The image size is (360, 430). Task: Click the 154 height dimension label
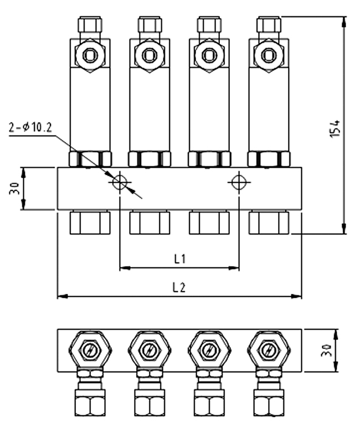pyautogui.click(x=335, y=128)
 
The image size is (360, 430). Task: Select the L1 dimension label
pyautogui.click(x=180, y=258)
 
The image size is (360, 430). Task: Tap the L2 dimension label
pyautogui.click(x=179, y=287)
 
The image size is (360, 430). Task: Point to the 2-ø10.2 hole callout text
pyautogui.click(x=30, y=127)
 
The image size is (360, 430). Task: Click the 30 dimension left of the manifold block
pyautogui.click(x=14, y=188)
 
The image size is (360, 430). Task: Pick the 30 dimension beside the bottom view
pyautogui.click(x=326, y=350)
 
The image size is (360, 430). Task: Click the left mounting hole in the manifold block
pyautogui.click(x=120, y=182)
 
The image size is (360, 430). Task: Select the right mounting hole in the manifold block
pyautogui.click(x=239, y=182)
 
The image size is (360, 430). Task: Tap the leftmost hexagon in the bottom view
pyautogui.click(x=90, y=350)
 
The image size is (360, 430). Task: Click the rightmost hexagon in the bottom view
pyautogui.click(x=269, y=350)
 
